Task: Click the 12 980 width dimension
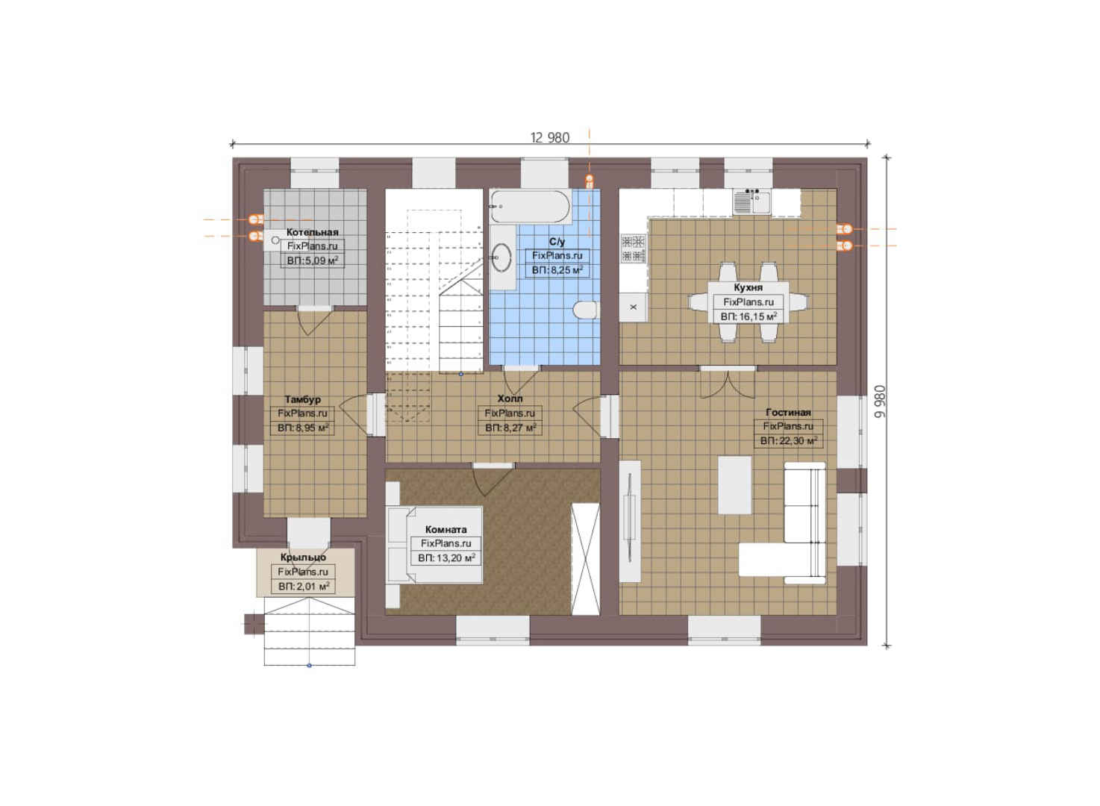coord(550,137)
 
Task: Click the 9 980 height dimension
coord(881,402)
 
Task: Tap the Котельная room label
coord(313,232)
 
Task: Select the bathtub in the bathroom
coord(531,206)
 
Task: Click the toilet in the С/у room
coord(586,310)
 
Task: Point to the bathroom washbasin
coord(501,257)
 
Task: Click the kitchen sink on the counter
coord(751,201)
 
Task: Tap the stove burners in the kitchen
coord(633,249)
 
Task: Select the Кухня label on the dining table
coord(749,287)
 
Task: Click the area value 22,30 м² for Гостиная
coord(789,440)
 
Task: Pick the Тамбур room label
coord(302,399)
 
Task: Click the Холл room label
coord(510,399)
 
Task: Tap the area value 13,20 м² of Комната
coord(446,558)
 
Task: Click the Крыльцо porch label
coord(303,557)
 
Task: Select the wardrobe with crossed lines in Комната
coord(585,558)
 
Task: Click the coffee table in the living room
coord(734,485)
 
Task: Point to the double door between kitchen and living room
coord(728,383)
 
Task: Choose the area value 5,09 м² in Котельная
coord(313,260)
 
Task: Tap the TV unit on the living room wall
coord(630,521)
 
